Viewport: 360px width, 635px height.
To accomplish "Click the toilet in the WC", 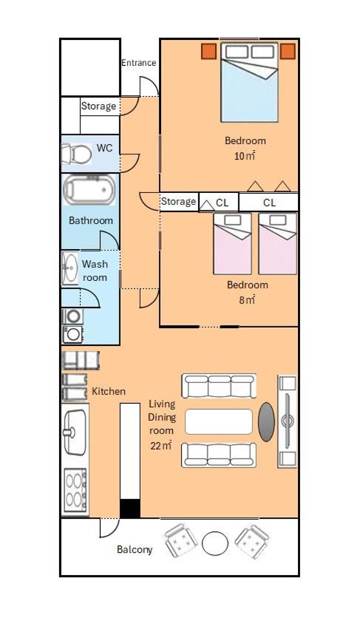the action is (x=77, y=154).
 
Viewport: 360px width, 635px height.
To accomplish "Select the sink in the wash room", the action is (x=69, y=268).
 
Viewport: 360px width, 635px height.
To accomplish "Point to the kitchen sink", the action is (x=75, y=432).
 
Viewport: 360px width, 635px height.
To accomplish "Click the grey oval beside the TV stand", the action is (x=266, y=421).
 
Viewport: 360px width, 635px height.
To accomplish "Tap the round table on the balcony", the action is (x=215, y=543).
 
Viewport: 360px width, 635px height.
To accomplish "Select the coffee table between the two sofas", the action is (x=219, y=421).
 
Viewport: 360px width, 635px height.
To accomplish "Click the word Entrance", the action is (x=138, y=63).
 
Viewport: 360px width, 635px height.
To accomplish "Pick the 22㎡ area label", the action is (x=161, y=446).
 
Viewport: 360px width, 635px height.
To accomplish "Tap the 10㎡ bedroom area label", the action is (x=245, y=156).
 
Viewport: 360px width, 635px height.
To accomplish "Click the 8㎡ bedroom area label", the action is (x=247, y=300).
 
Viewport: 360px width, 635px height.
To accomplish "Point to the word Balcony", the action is (x=135, y=549).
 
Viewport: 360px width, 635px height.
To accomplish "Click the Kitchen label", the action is (x=109, y=391).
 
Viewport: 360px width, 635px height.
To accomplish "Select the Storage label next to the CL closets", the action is (x=179, y=201).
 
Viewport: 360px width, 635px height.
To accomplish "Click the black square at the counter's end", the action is (x=130, y=509).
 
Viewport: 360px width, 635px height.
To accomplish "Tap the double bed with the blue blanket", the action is (x=249, y=82).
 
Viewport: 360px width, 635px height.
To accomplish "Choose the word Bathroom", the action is (x=91, y=221).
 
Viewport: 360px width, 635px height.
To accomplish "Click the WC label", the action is (x=104, y=148).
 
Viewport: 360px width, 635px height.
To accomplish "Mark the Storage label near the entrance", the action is (x=98, y=106).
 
